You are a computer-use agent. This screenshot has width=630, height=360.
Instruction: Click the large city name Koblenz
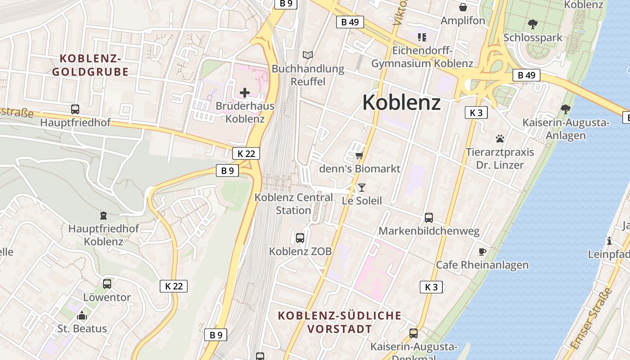coord(401,102)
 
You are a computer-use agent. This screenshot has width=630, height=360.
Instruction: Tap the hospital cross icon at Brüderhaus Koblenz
coord(245,93)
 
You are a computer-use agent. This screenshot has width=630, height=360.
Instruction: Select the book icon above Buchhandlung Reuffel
coord(308,55)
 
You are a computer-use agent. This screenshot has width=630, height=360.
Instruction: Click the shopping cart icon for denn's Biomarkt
coord(359,155)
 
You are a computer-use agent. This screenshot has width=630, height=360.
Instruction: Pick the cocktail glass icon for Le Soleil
coord(362,187)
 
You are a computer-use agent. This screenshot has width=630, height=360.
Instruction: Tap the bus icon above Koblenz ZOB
coord(300,238)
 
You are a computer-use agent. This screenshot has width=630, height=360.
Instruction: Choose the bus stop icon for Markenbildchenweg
coord(429,218)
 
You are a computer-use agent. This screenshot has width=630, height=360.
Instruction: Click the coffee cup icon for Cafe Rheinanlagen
coord(482,252)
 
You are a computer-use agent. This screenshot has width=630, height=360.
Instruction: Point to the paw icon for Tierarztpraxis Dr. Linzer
coord(500,139)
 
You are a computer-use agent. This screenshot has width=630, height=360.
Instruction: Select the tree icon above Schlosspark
coord(533,24)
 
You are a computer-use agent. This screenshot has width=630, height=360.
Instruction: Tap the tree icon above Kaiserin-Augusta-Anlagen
coord(566,109)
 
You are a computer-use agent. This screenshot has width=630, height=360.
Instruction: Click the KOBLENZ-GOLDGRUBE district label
coord(90,65)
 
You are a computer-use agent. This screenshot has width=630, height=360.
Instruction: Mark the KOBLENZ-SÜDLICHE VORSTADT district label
coord(340,322)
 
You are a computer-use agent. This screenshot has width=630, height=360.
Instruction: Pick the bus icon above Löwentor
coord(107,284)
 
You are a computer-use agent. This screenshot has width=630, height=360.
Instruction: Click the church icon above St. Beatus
coord(82,315)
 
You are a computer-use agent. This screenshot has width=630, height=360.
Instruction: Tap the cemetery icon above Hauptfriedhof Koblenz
coord(103,216)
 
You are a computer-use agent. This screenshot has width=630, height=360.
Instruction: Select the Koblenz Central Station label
coord(293,204)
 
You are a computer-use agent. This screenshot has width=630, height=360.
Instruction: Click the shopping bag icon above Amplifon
coord(463,7)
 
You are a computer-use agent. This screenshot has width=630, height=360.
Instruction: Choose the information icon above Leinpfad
coord(609,241)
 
